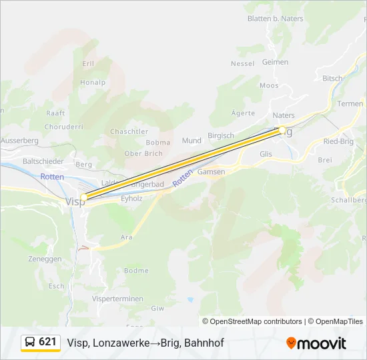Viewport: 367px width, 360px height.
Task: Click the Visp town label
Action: tap(75, 201)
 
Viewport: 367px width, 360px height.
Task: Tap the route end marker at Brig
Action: tap(282, 130)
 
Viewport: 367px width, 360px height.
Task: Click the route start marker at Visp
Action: tap(84, 197)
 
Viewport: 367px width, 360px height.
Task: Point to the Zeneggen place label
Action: tap(45, 259)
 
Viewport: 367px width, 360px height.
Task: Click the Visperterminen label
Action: tap(117, 299)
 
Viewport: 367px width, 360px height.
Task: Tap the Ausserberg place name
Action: tap(19, 141)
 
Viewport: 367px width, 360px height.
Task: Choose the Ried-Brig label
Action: tap(338, 142)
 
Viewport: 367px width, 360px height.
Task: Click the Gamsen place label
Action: tap(212, 171)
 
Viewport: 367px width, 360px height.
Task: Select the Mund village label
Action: tap(192, 141)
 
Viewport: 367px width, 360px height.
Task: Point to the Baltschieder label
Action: tap(43, 161)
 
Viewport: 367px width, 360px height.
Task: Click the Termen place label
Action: tap(350, 103)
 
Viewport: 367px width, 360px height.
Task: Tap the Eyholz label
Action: tap(131, 198)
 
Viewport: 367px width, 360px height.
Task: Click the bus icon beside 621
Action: tap(30, 343)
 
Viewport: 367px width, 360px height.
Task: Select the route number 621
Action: tap(48, 342)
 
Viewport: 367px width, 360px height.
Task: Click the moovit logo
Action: tap(316, 343)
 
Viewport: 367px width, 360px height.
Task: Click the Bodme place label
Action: tap(136, 271)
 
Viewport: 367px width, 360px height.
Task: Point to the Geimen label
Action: tap(276, 62)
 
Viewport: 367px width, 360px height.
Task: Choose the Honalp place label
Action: tap(93, 83)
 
